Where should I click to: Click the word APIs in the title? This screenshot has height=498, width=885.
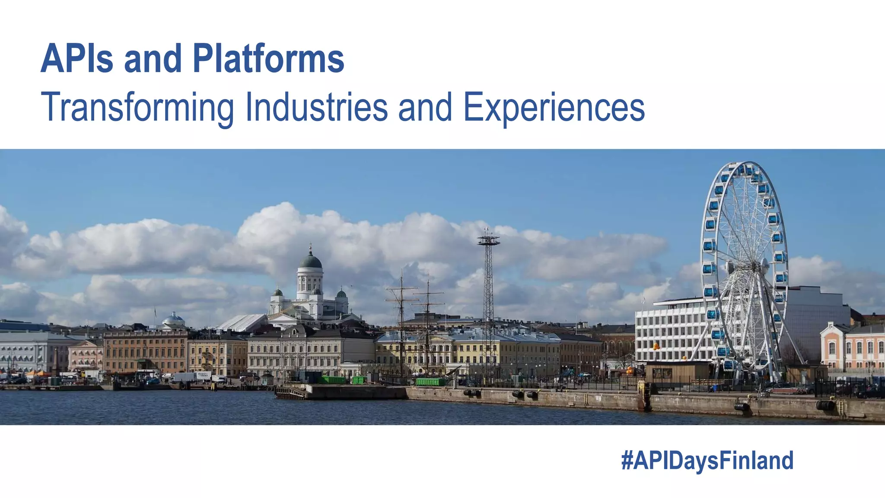77,59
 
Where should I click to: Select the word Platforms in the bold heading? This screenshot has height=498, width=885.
268,59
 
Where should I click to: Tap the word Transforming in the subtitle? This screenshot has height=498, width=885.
137,107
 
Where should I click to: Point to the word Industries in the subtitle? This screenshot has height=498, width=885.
316,107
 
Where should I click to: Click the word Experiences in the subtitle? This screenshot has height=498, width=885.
554,107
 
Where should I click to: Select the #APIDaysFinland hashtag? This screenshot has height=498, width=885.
707,460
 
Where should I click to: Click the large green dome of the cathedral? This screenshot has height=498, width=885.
310,261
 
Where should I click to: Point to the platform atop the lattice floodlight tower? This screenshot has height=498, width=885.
488,239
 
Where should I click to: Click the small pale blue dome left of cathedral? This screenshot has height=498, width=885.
174,319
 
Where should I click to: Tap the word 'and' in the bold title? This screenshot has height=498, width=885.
153,59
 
